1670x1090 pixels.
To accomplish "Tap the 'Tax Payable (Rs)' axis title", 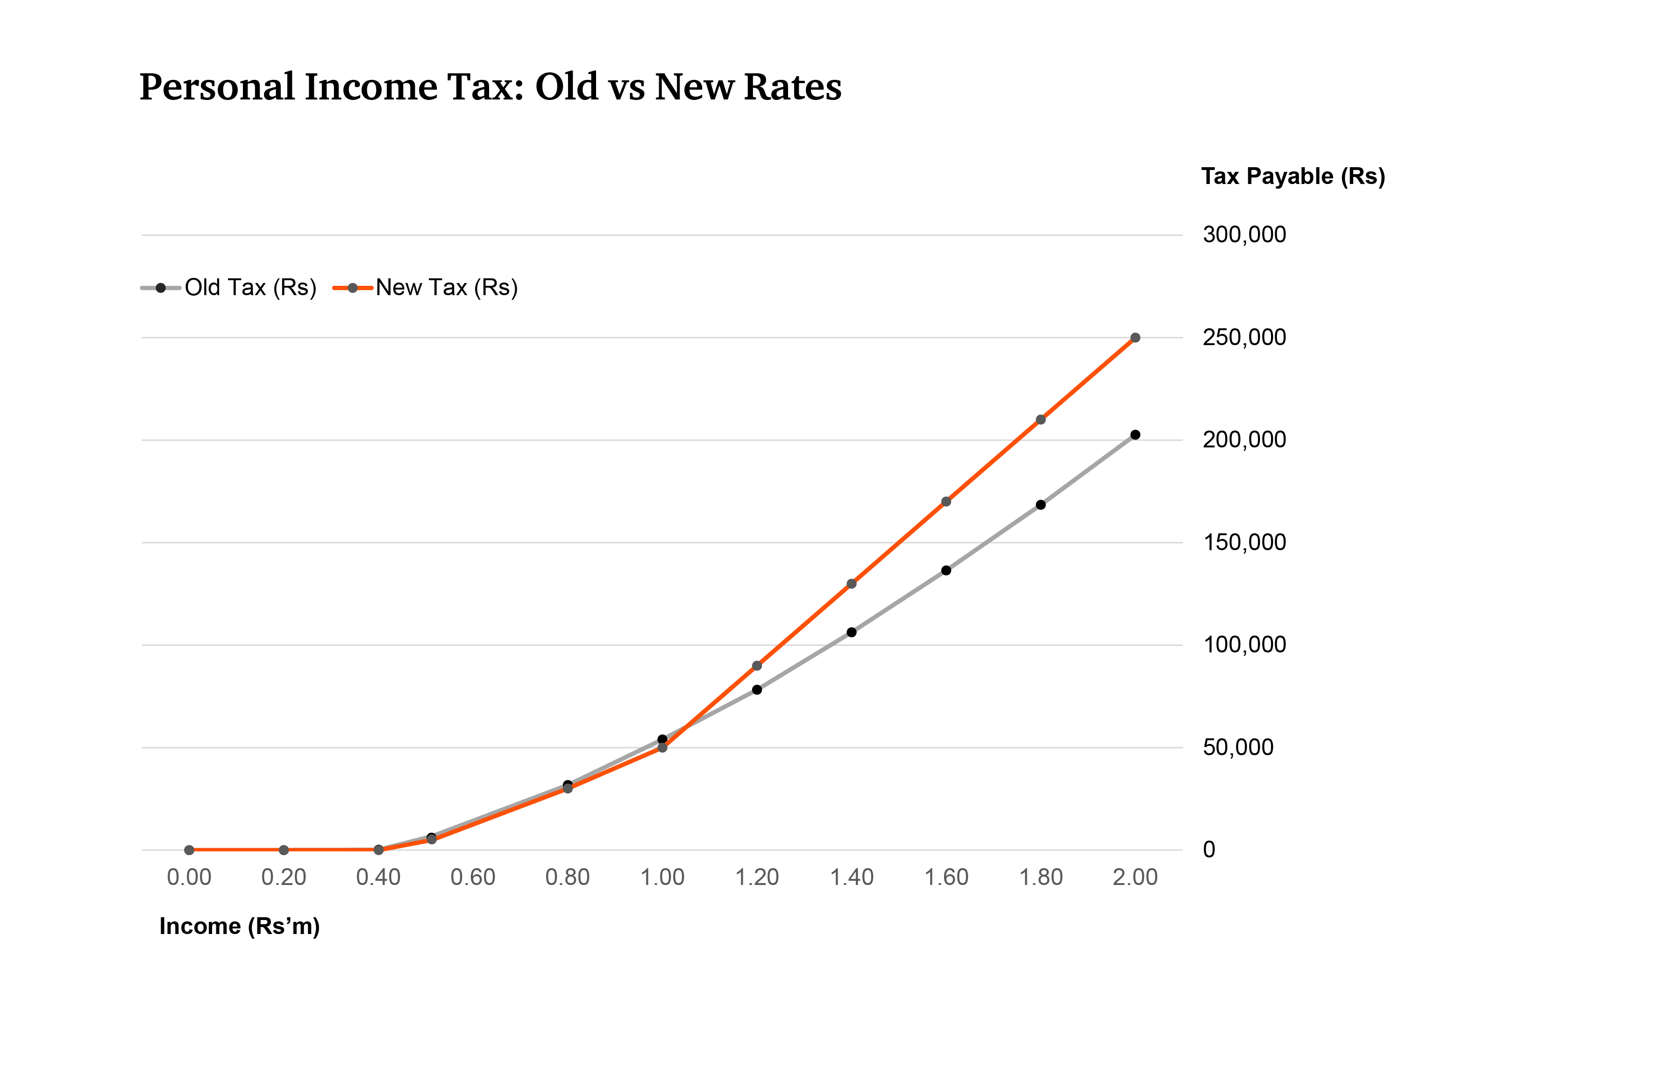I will pyautogui.click(x=1293, y=176).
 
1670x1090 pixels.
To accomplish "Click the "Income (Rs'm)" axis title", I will pyautogui.click(x=239, y=926).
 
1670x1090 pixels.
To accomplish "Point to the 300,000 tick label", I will pyautogui.click(x=1244, y=235).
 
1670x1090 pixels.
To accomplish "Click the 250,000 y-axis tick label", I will pyautogui.click(x=1244, y=337).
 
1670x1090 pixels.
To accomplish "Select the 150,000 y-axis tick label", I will pyautogui.click(x=1244, y=542).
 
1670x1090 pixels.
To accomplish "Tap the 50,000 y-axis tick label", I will pyautogui.click(x=1238, y=747).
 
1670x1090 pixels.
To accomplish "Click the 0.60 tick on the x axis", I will pyautogui.click(x=473, y=877).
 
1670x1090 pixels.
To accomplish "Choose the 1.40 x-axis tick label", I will pyautogui.click(x=851, y=877).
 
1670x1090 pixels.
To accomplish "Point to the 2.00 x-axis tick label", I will pyautogui.click(x=1135, y=877).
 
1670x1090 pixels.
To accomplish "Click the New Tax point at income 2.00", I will pyautogui.click(x=1135, y=338).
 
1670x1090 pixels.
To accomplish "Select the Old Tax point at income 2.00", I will pyautogui.click(x=1135, y=435).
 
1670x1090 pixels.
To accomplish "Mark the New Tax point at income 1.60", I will pyautogui.click(x=946, y=502).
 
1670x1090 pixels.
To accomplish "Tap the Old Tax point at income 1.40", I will pyautogui.click(x=851, y=632).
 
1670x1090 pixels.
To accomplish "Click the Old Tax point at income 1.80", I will pyautogui.click(x=1041, y=505).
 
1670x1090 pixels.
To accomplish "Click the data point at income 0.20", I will pyautogui.click(x=284, y=850).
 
